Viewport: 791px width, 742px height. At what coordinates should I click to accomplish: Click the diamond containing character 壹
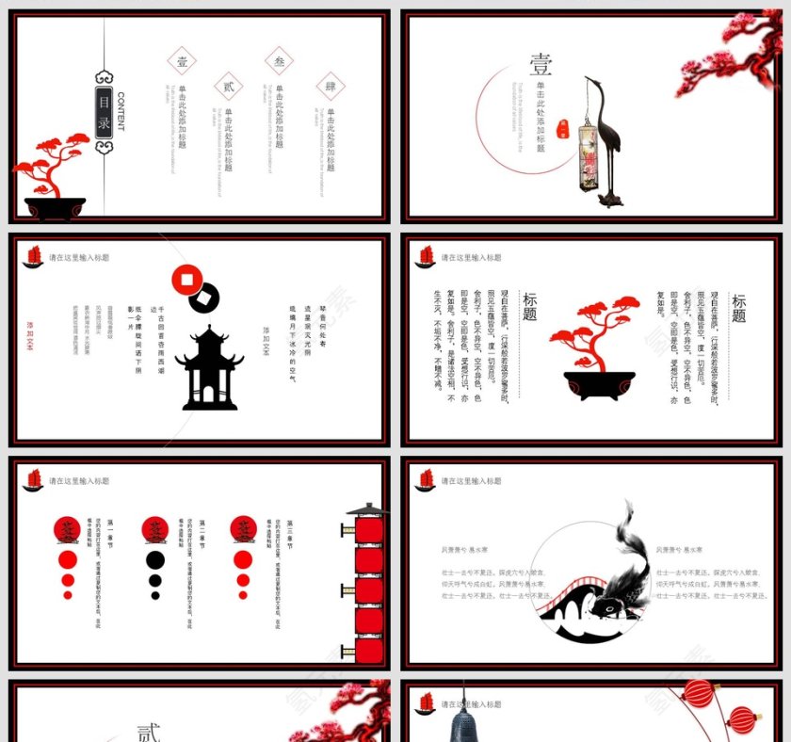click(182, 62)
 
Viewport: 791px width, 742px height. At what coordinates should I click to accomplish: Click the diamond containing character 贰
click(228, 87)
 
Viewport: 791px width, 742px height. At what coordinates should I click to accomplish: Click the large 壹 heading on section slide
click(541, 65)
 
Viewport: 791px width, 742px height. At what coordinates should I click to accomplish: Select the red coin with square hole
click(187, 280)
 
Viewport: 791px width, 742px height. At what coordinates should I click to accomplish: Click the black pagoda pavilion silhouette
click(208, 369)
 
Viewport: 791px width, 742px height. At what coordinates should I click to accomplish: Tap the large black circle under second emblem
click(155, 560)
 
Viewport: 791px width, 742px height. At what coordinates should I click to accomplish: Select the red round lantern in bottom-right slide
click(699, 695)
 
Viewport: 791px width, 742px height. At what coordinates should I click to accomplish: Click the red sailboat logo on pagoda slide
click(33, 257)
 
